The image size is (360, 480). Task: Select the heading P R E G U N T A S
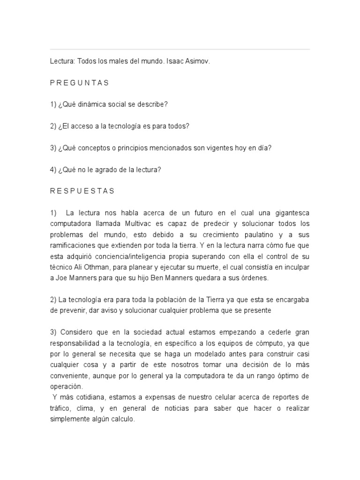click(79, 83)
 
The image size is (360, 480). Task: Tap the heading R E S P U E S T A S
click(82, 191)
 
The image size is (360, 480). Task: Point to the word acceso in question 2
click(82, 126)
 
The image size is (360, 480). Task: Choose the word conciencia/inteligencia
click(139, 256)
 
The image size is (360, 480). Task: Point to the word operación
click(66, 387)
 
